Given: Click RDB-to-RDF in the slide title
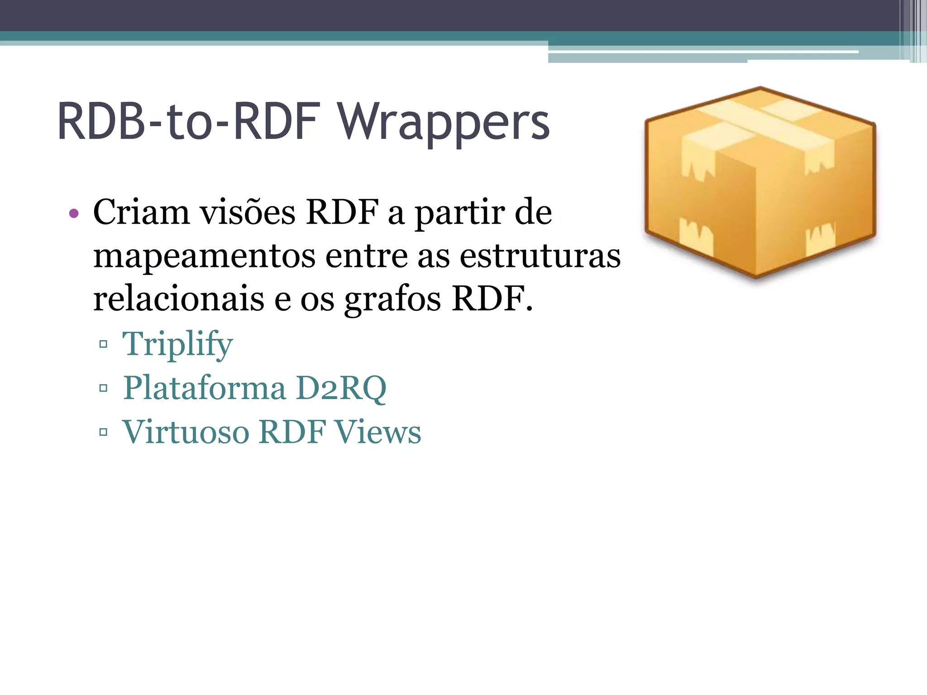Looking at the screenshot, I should point(189,121).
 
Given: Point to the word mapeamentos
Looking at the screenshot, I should point(204,256).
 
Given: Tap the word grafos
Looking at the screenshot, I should point(392,300).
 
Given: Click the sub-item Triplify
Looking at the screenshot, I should point(177,344).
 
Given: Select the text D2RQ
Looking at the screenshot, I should point(341,388).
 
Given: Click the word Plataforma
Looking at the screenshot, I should point(205,388).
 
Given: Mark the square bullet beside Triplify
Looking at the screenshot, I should point(103,344).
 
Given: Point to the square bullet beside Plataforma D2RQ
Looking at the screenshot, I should point(103,388).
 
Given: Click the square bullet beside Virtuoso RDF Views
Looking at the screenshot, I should point(103,432).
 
